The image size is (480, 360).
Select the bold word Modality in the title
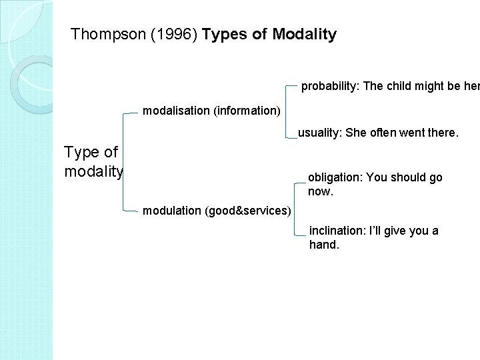[x=305, y=35]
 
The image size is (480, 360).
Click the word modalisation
[x=176, y=110]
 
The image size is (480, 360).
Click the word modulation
[x=172, y=211]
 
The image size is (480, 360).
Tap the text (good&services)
[x=247, y=211]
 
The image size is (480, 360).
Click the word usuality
[x=319, y=133]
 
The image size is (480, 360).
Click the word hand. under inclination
[x=325, y=245]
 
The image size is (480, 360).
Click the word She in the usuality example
[x=357, y=133]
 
